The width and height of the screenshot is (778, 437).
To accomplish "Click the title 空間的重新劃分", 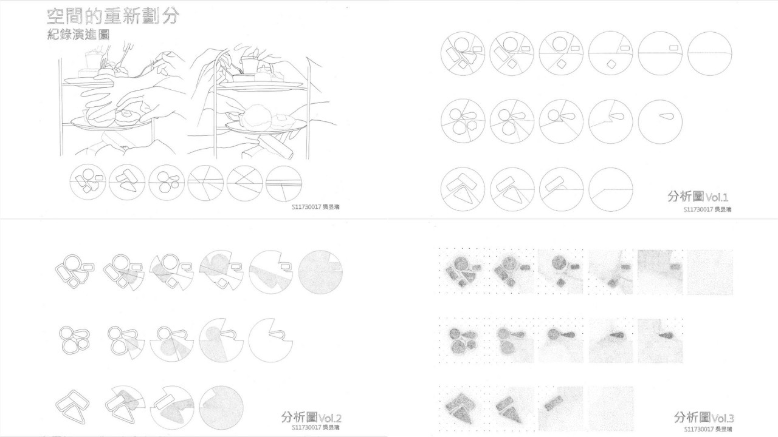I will pos(113,16).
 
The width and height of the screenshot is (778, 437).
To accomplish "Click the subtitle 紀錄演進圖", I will pos(78,35).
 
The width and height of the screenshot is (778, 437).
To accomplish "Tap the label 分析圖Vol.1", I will pos(697,197).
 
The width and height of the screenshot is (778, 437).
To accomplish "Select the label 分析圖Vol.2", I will pos(311,418).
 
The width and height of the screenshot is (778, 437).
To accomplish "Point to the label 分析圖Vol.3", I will pos(704,418).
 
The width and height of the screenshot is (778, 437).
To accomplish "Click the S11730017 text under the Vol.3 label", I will pos(698,429).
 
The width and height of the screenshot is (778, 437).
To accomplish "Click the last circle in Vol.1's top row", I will pos(710,53).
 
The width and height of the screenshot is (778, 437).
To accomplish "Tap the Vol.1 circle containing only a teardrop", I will pos(660,121).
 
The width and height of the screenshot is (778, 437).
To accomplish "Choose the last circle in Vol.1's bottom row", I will pos(610,189).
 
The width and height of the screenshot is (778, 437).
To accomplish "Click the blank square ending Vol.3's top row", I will pos(709,272).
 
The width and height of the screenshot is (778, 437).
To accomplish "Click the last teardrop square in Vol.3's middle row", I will pos(660,340).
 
